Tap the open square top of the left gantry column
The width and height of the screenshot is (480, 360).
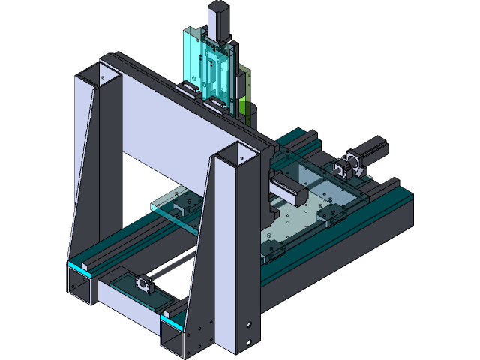(x=96, y=74)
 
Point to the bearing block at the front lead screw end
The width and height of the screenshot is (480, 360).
(x=142, y=284)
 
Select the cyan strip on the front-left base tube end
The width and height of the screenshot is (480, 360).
(x=81, y=265)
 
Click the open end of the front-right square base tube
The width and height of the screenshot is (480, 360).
(x=174, y=339)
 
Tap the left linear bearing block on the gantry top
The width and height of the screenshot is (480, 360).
(x=187, y=88)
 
